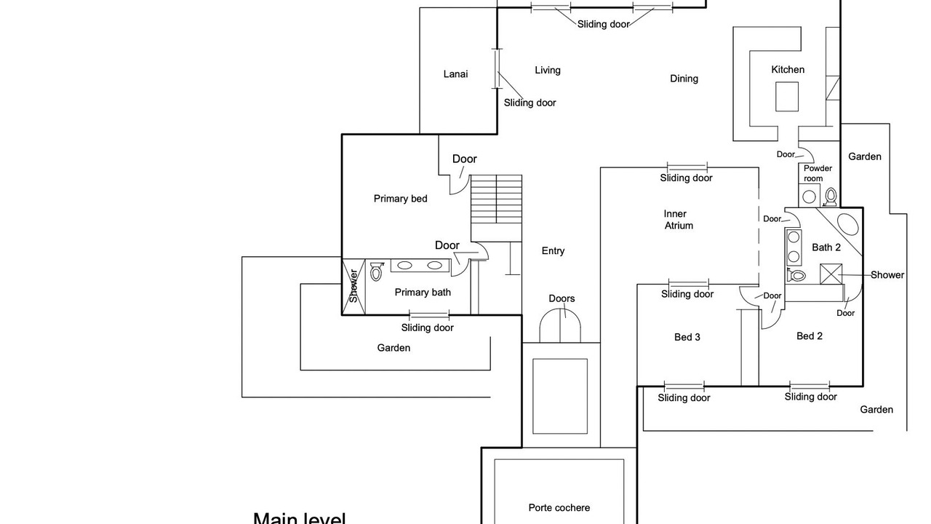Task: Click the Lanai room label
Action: pyautogui.click(x=455, y=74)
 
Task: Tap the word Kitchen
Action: pyautogui.click(x=788, y=69)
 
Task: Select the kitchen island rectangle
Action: pyautogui.click(x=786, y=96)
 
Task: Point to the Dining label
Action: pyautogui.click(x=684, y=78)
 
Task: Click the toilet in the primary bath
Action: pyautogui.click(x=376, y=271)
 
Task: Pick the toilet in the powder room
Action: pyautogui.click(x=831, y=196)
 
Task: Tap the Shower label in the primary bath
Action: pyautogui.click(x=353, y=286)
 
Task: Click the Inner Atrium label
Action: pyautogui.click(x=678, y=220)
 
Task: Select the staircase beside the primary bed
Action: pyautogui.click(x=496, y=199)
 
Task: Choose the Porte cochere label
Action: pyautogui.click(x=559, y=507)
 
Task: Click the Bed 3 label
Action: pyautogui.click(x=687, y=337)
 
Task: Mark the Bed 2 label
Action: pyautogui.click(x=809, y=336)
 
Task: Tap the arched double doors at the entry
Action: pyautogui.click(x=560, y=325)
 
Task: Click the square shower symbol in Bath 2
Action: pyautogui.click(x=831, y=275)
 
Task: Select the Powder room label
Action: pyautogui.click(x=818, y=173)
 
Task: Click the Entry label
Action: pyautogui.click(x=553, y=250)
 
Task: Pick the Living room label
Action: pyautogui.click(x=547, y=70)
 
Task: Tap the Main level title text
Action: pyautogui.click(x=299, y=518)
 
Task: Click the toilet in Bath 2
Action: pyautogui.click(x=796, y=275)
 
